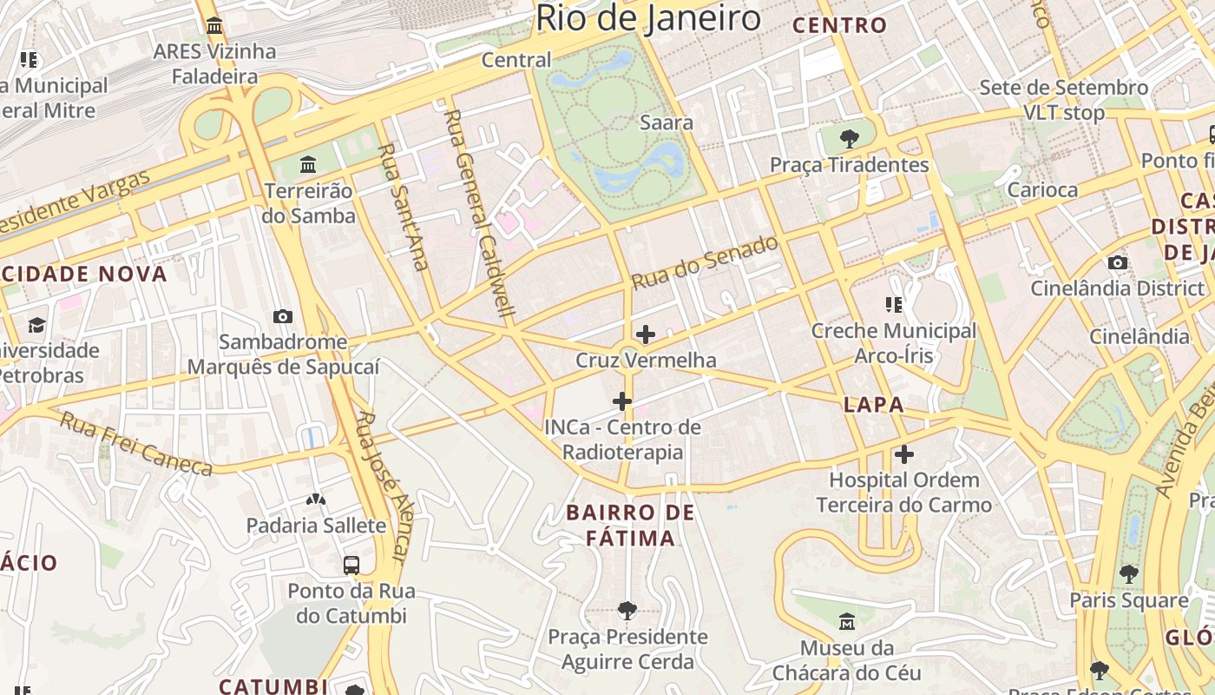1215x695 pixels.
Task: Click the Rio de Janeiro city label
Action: point(647,17)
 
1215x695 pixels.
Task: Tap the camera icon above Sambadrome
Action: point(282,317)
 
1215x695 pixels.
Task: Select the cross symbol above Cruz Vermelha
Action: point(646,334)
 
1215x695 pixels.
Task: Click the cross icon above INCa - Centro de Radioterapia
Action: point(622,401)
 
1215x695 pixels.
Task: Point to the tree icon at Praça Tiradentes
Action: point(850,138)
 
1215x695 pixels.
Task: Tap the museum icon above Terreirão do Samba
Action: point(308,164)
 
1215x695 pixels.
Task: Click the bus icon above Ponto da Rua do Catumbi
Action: point(351,565)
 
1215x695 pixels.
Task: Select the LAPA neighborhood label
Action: point(874,404)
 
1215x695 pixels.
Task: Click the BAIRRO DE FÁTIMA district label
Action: point(631,525)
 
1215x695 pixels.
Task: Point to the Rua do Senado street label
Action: point(705,263)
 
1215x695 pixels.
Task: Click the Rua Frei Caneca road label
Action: point(136,444)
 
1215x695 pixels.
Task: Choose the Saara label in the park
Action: point(666,122)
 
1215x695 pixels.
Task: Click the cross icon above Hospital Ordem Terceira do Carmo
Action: point(904,454)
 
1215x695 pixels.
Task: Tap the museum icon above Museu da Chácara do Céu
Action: point(847,622)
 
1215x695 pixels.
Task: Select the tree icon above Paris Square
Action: point(1128,573)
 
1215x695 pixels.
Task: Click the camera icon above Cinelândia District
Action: point(1118,262)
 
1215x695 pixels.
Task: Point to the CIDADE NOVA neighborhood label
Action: point(83,274)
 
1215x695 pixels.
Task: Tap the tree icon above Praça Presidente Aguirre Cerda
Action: point(627,611)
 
